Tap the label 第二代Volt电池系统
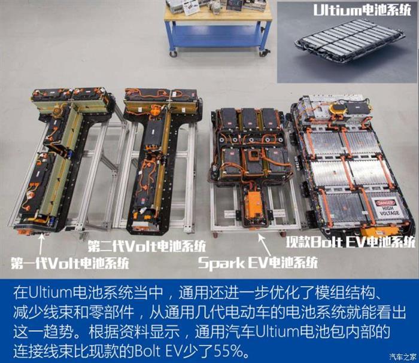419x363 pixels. (x=147, y=246)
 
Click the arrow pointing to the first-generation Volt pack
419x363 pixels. (x=41, y=244)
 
